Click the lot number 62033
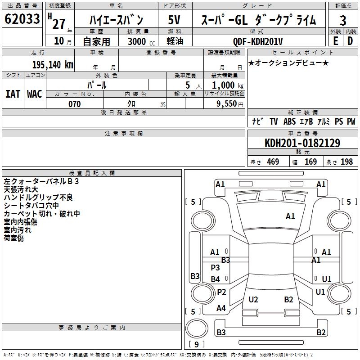(22, 19)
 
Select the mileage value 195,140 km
(53, 65)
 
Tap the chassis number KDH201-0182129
(302, 143)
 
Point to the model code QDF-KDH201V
(257, 41)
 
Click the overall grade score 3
(343, 20)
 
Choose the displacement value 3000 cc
(141, 41)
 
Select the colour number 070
(75, 104)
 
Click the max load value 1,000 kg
(228, 85)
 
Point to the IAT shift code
(13, 94)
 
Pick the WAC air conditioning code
(35, 94)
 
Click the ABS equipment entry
(289, 121)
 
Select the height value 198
(346, 162)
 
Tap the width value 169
(310, 162)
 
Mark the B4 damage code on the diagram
(216, 279)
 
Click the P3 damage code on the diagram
(216, 267)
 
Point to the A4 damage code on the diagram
(221, 308)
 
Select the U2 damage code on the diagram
(253, 299)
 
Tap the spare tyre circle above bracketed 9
(197, 328)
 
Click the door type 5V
(174, 20)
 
